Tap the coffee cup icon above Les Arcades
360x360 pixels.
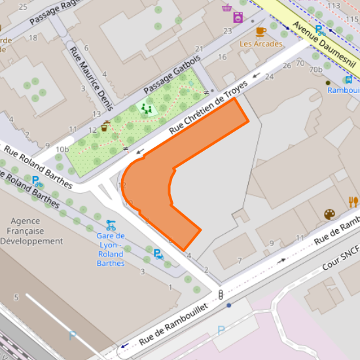pyautogui.click(x=261, y=31)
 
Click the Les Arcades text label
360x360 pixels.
pyautogui.click(x=261, y=44)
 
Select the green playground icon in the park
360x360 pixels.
pyautogui.click(x=147, y=108)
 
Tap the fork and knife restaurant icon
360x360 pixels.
pyautogui.click(x=353, y=201)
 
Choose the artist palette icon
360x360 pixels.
pyautogui.click(x=329, y=214)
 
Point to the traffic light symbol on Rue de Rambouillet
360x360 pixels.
pyautogui.click(x=221, y=294)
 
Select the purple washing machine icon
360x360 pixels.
pyautogui.click(x=238, y=17)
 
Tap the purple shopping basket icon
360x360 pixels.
pyautogui.click(x=226, y=7)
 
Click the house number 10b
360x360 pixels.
pyautogui.click(x=62, y=150)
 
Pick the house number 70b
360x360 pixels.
pyautogui.click(x=316, y=69)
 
